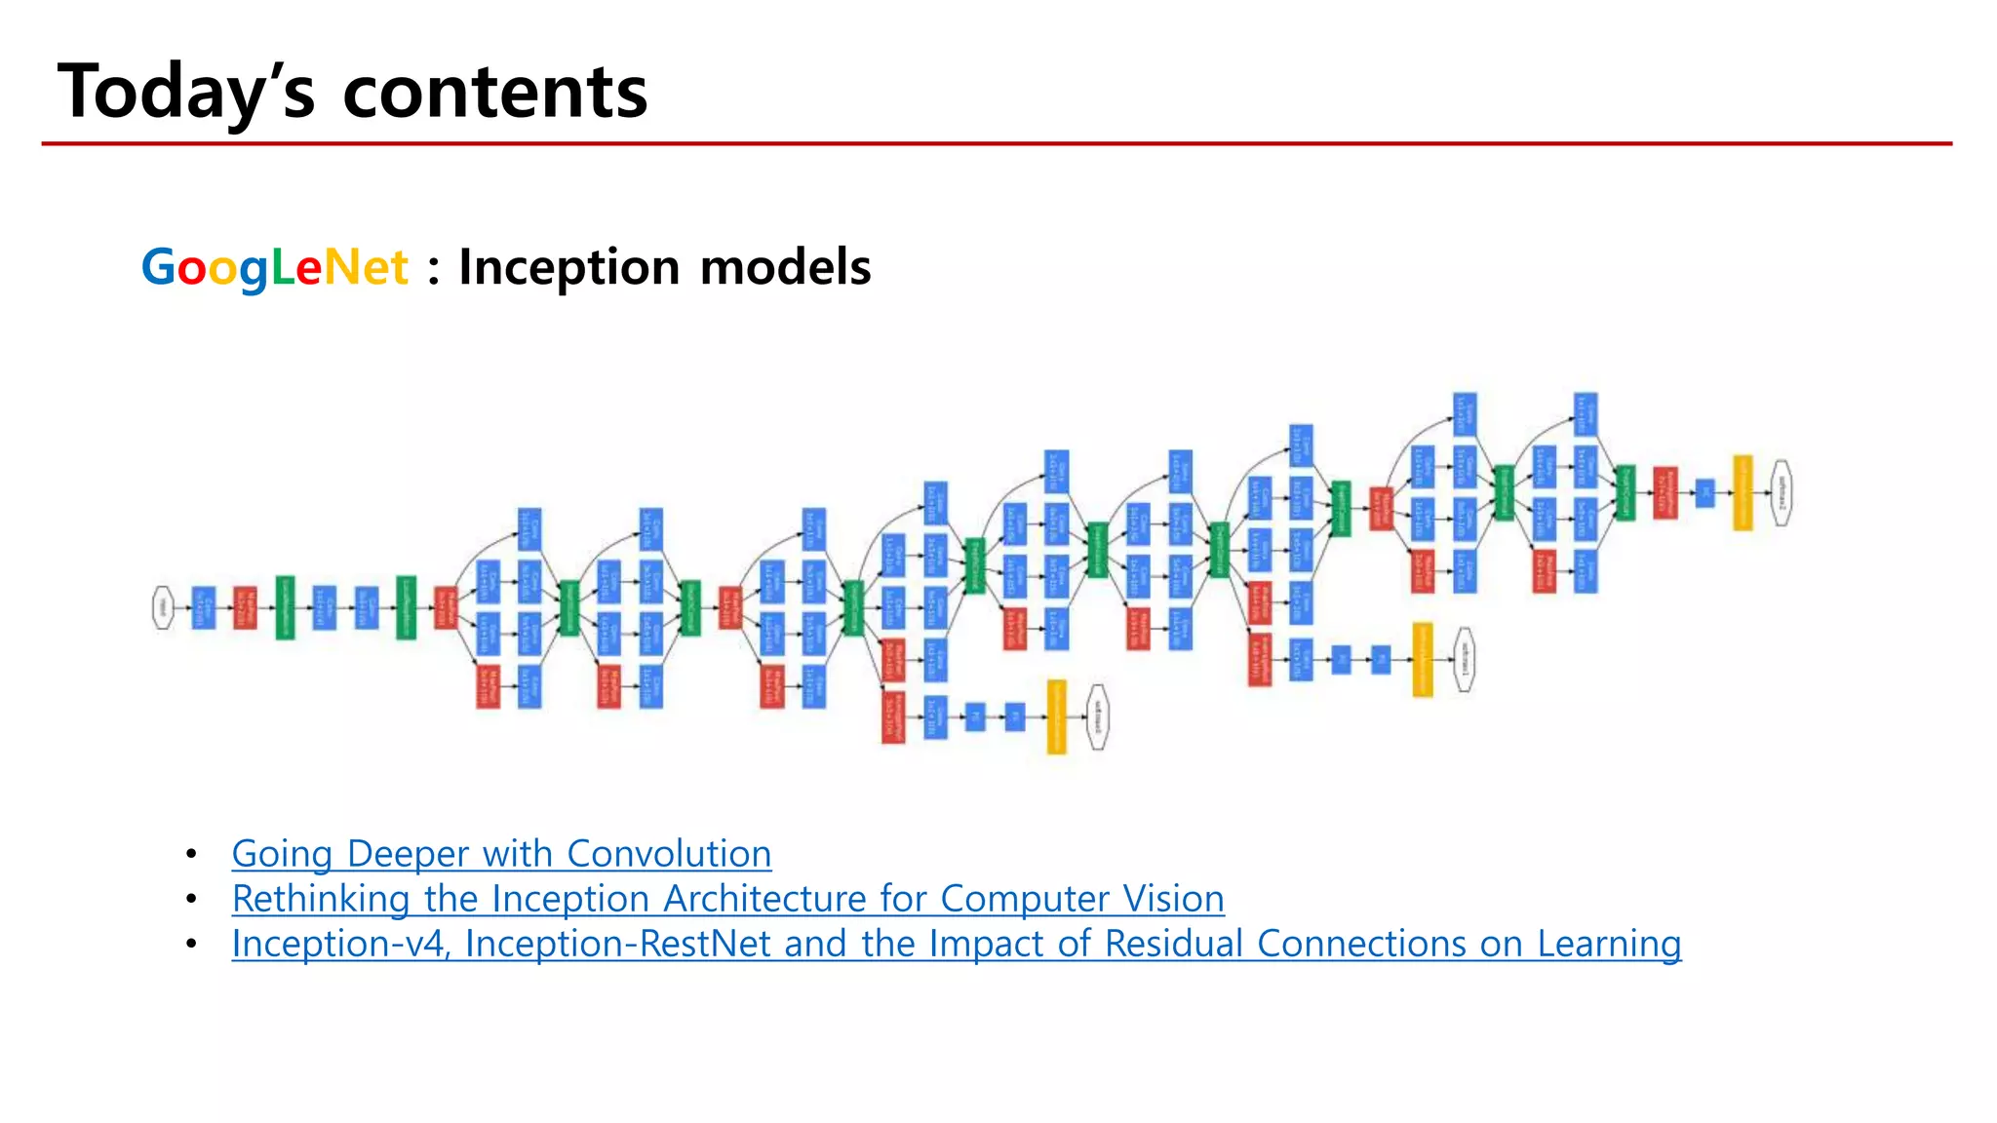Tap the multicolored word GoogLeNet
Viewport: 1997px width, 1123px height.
pyautogui.click(x=274, y=267)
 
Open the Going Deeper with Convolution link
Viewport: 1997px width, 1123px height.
pyautogui.click(x=501, y=854)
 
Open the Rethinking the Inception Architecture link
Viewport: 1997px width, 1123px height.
pyautogui.click(x=727, y=899)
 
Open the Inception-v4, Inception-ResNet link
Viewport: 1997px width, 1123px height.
pyautogui.click(x=956, y=944)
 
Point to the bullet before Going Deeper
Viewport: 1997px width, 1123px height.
pyautogui.click(x=192, y=855)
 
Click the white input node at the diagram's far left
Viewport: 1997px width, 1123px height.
pyautogui.click(x=163, y=608)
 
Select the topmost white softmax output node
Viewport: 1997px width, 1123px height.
pyautogui.click(x=1781, y=493)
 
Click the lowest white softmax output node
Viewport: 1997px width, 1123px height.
pyautogui.click(x=1097, y=717)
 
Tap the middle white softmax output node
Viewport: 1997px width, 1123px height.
pyautogui.click(x=1464, y=660)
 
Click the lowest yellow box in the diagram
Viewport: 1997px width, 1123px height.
pyautogui.click(x=1056, y=717)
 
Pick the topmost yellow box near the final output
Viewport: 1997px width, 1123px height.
pyautogui.click(x=1742, y=493)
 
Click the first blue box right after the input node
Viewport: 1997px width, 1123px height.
pyautogui.click(x=204, y=608)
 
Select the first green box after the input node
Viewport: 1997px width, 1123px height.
pyautogui.click(x=285, y=608)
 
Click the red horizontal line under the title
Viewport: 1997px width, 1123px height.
pyautogui.click(x=995, y=143)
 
